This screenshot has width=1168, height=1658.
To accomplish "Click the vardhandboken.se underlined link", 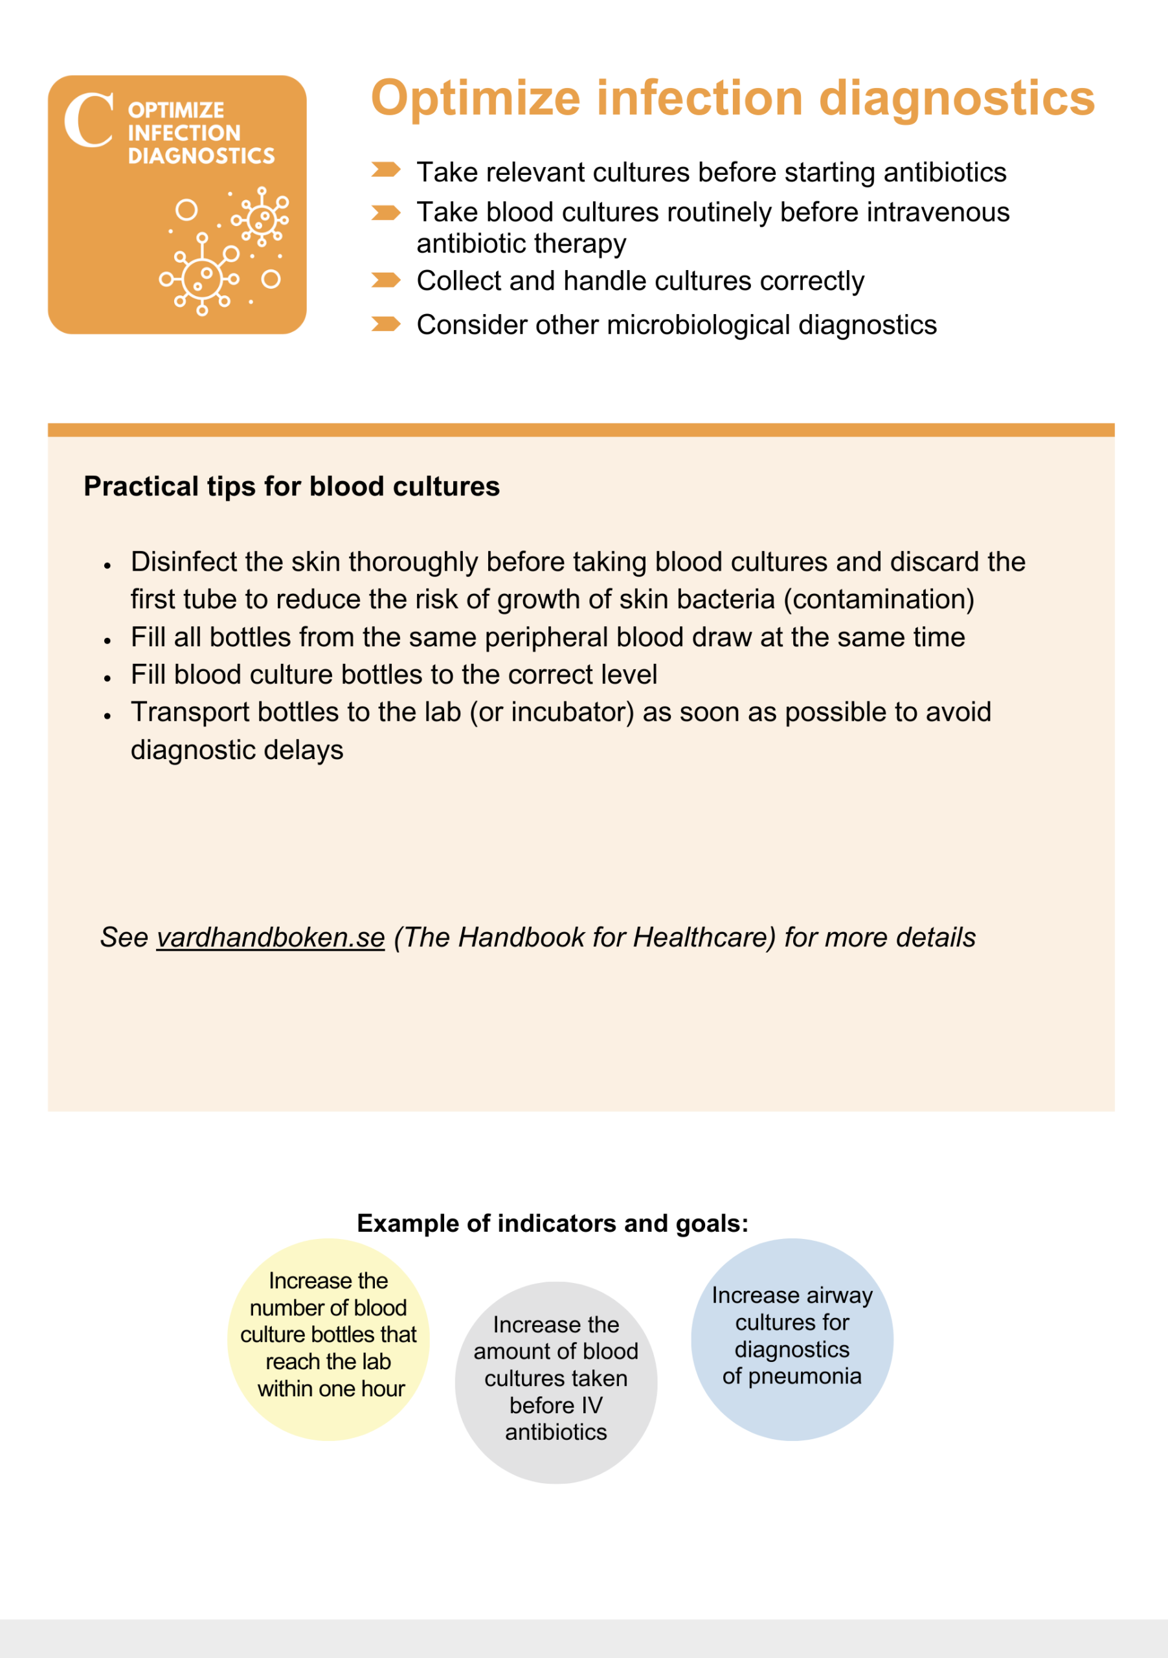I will pyautogui.click(x=271, y=937).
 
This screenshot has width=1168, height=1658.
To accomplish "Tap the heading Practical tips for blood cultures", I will pyautogui.click(x=291, y=486).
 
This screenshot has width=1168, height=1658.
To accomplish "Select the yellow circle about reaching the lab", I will pyautogui.click(x=328, y=1339).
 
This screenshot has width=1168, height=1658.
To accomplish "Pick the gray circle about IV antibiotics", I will pyautogui.click(x=556, y=1383).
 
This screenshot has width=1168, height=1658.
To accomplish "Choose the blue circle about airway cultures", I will pyautogui.click(x=792, y=1339).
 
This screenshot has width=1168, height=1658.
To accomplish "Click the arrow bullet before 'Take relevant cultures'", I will pyautogui.click(x=385, y=170).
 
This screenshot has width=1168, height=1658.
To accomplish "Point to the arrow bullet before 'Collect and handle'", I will pyautogui.click(x=385, y=280).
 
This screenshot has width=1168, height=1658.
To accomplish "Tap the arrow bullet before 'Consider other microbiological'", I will pyautogui.click(x=385, y=324).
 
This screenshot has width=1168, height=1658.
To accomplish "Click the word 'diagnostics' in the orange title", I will pyautogui.click(x=957, y=99).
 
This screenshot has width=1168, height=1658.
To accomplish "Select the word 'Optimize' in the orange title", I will pyautogui.click(x=476, y=99).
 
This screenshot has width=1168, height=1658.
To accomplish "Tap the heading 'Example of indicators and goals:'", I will pyautogui.click(x=553, y=1223).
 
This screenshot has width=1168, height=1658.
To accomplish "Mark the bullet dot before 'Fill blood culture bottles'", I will pyautogui.click(x=107, y=678).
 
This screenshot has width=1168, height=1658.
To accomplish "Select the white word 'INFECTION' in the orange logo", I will pyautogui.click(x=184, y=133).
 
